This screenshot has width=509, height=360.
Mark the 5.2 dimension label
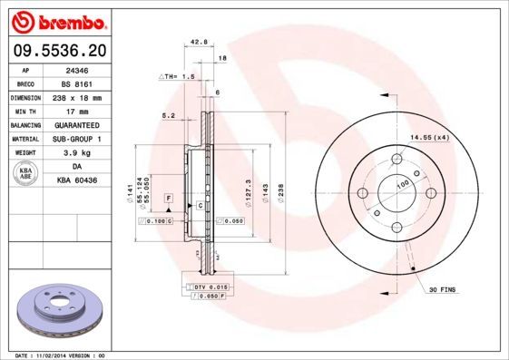pyautogui.click(x=168, y=115)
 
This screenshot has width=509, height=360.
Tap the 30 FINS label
pyautogui.click(x=442, y=289)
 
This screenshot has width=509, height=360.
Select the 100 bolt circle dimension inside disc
pyautogui.click(x=403, y=184)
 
